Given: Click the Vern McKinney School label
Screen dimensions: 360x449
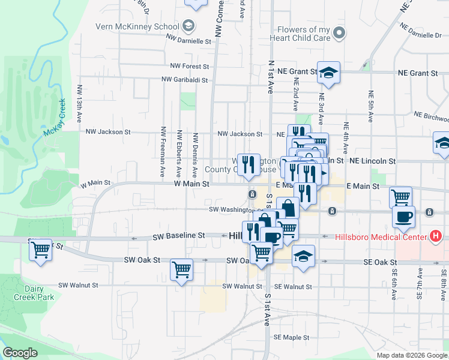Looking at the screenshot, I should click(x=137, y=26).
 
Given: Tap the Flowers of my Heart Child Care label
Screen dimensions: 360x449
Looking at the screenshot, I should click(x=304, y=34).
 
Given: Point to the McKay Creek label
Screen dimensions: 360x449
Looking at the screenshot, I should click(x=55, y=118).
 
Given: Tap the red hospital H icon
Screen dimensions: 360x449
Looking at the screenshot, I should click(x=436, y=236).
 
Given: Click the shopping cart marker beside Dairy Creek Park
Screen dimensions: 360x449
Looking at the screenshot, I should click(x=41, y=248).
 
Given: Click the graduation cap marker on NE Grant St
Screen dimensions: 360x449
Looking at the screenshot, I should click(x=328, y=73).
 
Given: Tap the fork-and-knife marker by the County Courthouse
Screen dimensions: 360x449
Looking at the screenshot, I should click(x=248, y=164).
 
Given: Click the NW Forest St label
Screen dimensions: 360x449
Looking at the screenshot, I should click(x=189, y=66).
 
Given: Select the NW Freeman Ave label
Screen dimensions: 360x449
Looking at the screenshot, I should click(x=163, y=151).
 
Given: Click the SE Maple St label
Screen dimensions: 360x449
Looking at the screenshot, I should click(x=291, y=337).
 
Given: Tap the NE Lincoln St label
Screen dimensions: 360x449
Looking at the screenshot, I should click(x=373, y=161).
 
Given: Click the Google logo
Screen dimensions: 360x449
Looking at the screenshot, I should click(x=20, y=353).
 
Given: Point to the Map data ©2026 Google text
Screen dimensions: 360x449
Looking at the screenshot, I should click(x=411, y=355).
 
